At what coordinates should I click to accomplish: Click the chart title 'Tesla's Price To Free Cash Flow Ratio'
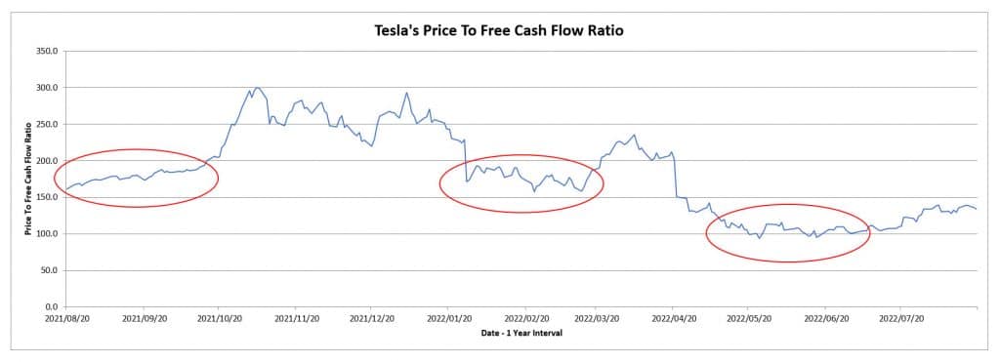499,31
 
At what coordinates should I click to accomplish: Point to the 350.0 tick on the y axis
47,51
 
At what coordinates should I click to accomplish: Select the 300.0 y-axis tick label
47,88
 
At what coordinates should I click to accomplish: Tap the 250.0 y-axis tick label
47,124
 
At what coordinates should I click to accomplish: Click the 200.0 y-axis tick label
47,161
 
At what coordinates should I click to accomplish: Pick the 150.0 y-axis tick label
47,197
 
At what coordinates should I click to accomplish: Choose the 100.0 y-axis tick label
47,234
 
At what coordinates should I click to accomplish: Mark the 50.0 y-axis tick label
49,270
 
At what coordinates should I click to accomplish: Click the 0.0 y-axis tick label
52,307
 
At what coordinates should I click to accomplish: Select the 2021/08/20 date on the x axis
66,318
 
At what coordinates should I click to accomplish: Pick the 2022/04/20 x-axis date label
674,318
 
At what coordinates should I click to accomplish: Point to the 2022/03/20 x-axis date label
599,318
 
